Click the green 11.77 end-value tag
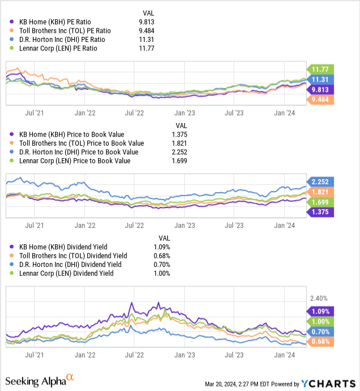pyautogui.click(x=320, y=69)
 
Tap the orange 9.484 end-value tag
pyautogui.click(x=320, y=100)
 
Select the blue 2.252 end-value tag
pyautogui.click(x=320, y=182)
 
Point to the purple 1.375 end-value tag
pyautogui.click(x=320, y=212)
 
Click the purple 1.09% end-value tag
pyautogui.click(x=320, y=312)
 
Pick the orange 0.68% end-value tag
pyautogui.click(x=320, y=341)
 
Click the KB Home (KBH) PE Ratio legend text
pyautogui.click(x=55, y=22)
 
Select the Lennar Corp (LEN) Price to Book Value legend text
pyautogui.click(x=75, y=161)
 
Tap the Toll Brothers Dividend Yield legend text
pyautogui.click(x=73, y=256)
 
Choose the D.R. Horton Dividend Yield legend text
pyautogui.click(x=70, y=264)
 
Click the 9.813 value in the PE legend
pyautogui.click(x=147, y=22)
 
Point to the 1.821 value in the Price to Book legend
pyautogui.click(x=179, y=143)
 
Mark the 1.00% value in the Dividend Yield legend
pyautogui.click(x=162, y=273)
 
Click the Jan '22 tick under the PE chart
pyautogui.click(x=85, y=113)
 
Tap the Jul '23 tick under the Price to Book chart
pyautogui.click(x=234, y=226)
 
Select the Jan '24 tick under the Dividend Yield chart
pyautogui.click(x=285, y=355)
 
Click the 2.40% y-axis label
pyautogui.click(x=319, y=298)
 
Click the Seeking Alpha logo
pyautogui.click(x=40, y=381)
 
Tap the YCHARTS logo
pyautogui.click(x=328, y=384)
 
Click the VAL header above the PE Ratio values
pyautogui.click(x=149, y=13)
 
